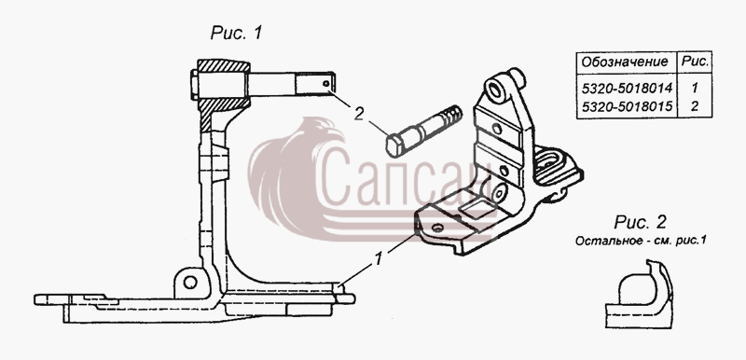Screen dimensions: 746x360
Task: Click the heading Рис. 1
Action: (x=236, y=33)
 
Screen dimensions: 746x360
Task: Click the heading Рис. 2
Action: (x=640, y=222)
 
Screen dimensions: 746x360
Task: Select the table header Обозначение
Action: (x=625, y=62)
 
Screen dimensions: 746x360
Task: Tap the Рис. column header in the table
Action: (x=695, y=62)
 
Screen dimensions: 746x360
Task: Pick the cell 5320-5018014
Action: (x=627, y=89)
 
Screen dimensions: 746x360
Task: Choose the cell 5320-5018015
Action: (x=627, y=106)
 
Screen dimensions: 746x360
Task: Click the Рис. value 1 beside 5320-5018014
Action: (x=695, y=89)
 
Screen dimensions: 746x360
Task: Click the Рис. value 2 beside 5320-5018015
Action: (x=695, y=106)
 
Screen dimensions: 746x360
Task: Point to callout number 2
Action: (x=360, y=114)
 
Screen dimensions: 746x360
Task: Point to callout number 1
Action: (x=380, y=259)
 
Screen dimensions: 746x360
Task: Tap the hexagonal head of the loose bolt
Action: (x=394, y=146)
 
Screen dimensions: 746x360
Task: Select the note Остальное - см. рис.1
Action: (x=640, y=241)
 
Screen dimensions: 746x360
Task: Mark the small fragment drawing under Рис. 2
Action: (x=639, y=295)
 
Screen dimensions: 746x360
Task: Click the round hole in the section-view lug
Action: (x=190, y=282)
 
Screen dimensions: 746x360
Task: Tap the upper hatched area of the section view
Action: (x=224, y=65)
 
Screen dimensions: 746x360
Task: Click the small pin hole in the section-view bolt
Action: (x=325, y=84)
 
